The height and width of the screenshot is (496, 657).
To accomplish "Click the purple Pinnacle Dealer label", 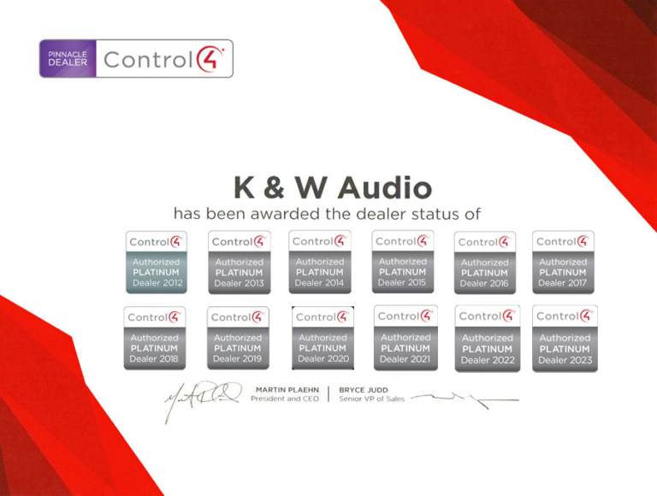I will click(68, 59).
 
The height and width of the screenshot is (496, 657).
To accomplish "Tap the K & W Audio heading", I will click(333, 186).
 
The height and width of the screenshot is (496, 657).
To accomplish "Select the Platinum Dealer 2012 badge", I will click(157, 261).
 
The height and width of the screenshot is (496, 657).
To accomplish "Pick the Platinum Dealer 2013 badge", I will click(240, 262).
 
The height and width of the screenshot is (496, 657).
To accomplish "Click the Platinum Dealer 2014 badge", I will click(320, 261).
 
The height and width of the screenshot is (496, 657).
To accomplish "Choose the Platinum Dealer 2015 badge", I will click(402, 261).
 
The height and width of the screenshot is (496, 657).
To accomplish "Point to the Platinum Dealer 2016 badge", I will click(484, 262).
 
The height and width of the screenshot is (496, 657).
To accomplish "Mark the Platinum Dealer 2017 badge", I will click(563, 261).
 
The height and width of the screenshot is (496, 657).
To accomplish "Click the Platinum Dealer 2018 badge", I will click(154, 339).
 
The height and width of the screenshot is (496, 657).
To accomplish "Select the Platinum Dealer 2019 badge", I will click(238, 339).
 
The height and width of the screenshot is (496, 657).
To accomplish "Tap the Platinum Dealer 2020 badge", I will click(323, 339).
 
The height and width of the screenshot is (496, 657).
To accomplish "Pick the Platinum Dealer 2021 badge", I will click(405, 339).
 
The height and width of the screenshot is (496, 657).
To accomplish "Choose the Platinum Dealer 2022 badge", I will click(488, 339).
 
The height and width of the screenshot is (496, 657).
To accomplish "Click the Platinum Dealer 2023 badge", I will click(565, 339).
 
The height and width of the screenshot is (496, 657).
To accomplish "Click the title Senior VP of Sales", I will click(373, 399).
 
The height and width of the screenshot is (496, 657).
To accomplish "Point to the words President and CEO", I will click(286, 399).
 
